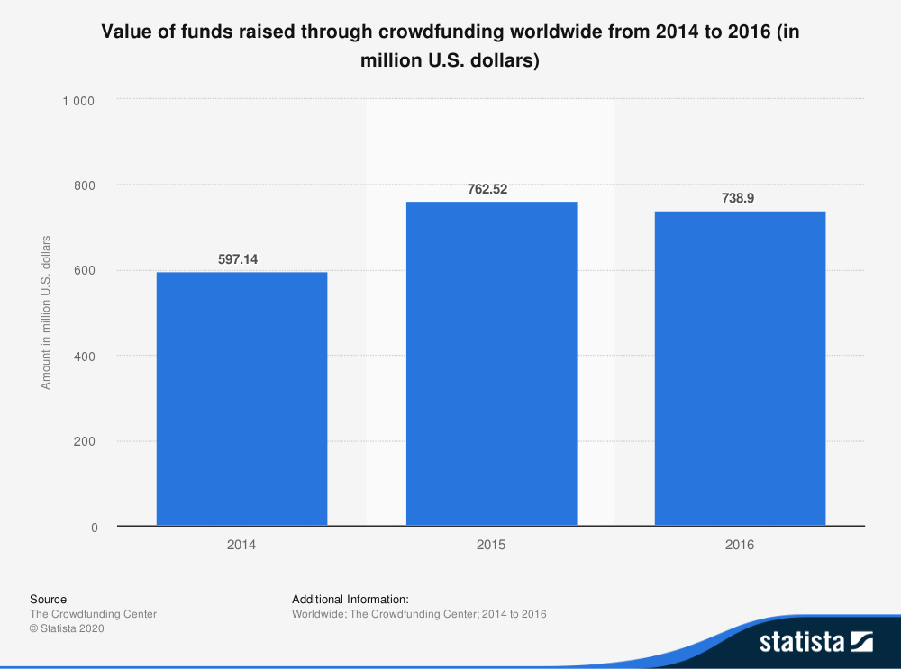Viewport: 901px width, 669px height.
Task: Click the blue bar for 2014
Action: point(241,398)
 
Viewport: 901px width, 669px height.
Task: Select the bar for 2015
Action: point(491,363)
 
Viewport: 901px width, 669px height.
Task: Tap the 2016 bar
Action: point(740,368)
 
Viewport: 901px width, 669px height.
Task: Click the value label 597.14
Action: point(241,259)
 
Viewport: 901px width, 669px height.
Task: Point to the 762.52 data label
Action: point(491,189)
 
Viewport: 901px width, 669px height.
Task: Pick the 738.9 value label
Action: point(740,199)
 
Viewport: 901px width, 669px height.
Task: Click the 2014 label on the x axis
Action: point(241,546)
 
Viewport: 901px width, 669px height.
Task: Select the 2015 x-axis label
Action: point(491,546)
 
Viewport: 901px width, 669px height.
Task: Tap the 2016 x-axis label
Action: point(740,546)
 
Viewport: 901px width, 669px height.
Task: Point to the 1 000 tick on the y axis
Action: point(78,100)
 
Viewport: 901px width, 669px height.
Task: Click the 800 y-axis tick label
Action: point(85,185)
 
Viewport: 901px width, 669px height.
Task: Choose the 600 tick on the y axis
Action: point(85,271)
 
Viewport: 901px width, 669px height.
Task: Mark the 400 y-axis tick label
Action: point(85,357)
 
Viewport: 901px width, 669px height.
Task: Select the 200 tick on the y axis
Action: point(85,442)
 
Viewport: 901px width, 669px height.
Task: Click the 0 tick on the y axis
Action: point(93,528)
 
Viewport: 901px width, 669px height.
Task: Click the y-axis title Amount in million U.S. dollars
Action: point(45,312)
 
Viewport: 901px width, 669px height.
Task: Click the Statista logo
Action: point(815,641)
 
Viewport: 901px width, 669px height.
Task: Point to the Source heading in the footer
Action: point(48,599)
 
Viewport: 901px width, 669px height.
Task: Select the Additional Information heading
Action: point(350,599)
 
